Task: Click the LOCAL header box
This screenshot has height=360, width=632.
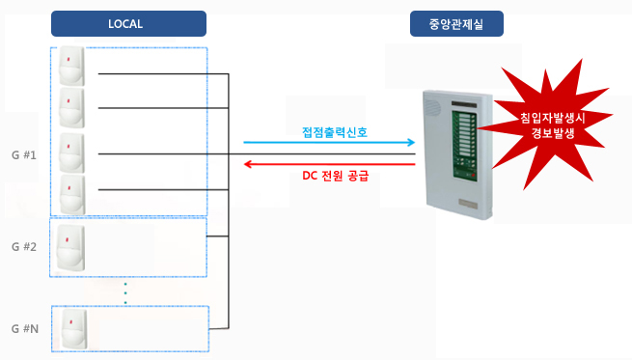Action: [128, 23]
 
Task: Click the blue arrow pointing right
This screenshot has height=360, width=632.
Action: [328, 143]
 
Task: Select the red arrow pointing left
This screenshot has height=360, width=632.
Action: [328, 163]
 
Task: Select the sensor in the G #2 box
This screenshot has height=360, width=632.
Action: [70, 248]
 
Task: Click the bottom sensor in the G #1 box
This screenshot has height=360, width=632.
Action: [70, 195]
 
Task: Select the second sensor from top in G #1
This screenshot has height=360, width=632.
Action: [70, 107]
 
